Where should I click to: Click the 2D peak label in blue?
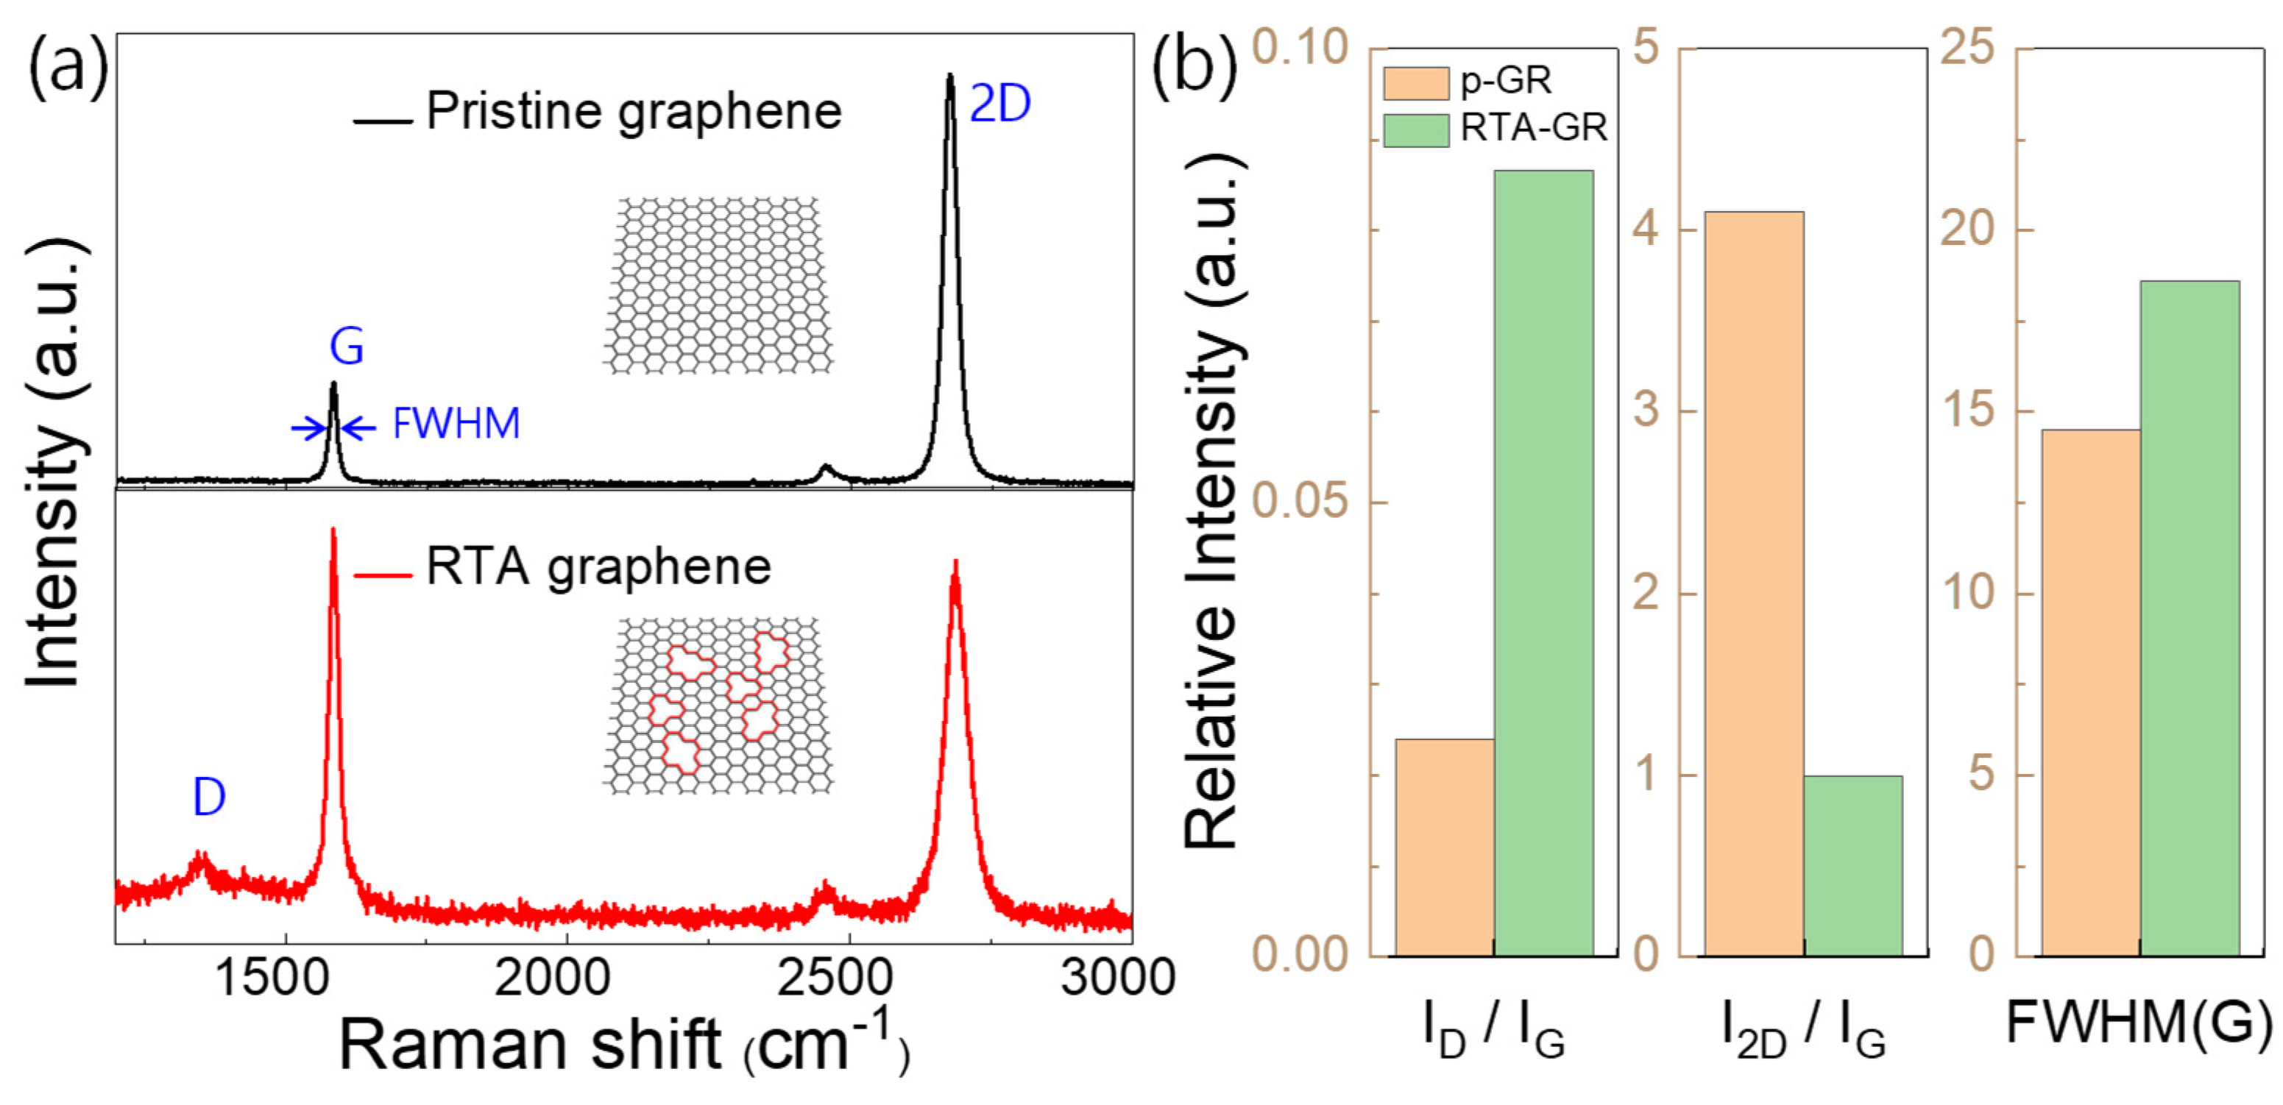[x=999, y=104]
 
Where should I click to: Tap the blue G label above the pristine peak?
[x=347, y=347]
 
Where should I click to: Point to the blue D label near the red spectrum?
[x=209, y=797]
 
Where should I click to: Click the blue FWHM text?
[x=456, y=424]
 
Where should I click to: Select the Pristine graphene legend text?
[x=634, y=112]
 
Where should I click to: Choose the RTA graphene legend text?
[x=598, y=567]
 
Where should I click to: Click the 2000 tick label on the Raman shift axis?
[x=551, y=978]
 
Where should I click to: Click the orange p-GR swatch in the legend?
[x=1415, y=83]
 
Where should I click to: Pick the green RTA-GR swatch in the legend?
[x=1415, y=130]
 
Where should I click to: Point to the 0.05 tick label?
[x=1299, y=502]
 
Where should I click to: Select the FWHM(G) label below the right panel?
[x=2139, y=1024]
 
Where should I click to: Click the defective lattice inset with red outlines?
[x=718, y=705]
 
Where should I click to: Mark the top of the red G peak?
[x=333, y=530]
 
